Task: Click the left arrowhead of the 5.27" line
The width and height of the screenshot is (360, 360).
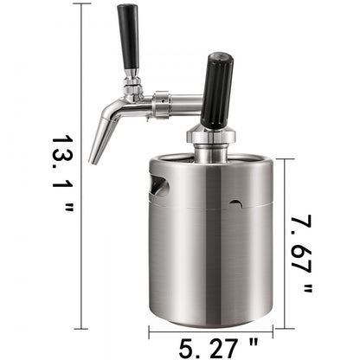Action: point(152,329)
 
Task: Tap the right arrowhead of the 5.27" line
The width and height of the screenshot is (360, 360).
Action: point(270,329)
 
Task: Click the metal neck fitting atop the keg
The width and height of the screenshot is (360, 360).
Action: point(210,148)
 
